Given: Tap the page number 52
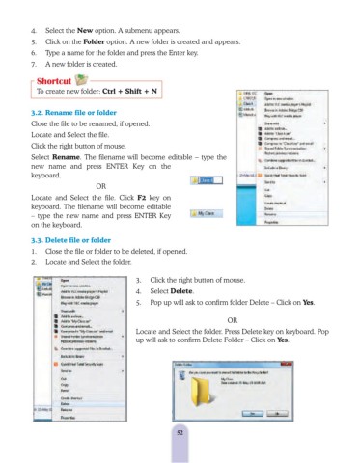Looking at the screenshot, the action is pos(180,432).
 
